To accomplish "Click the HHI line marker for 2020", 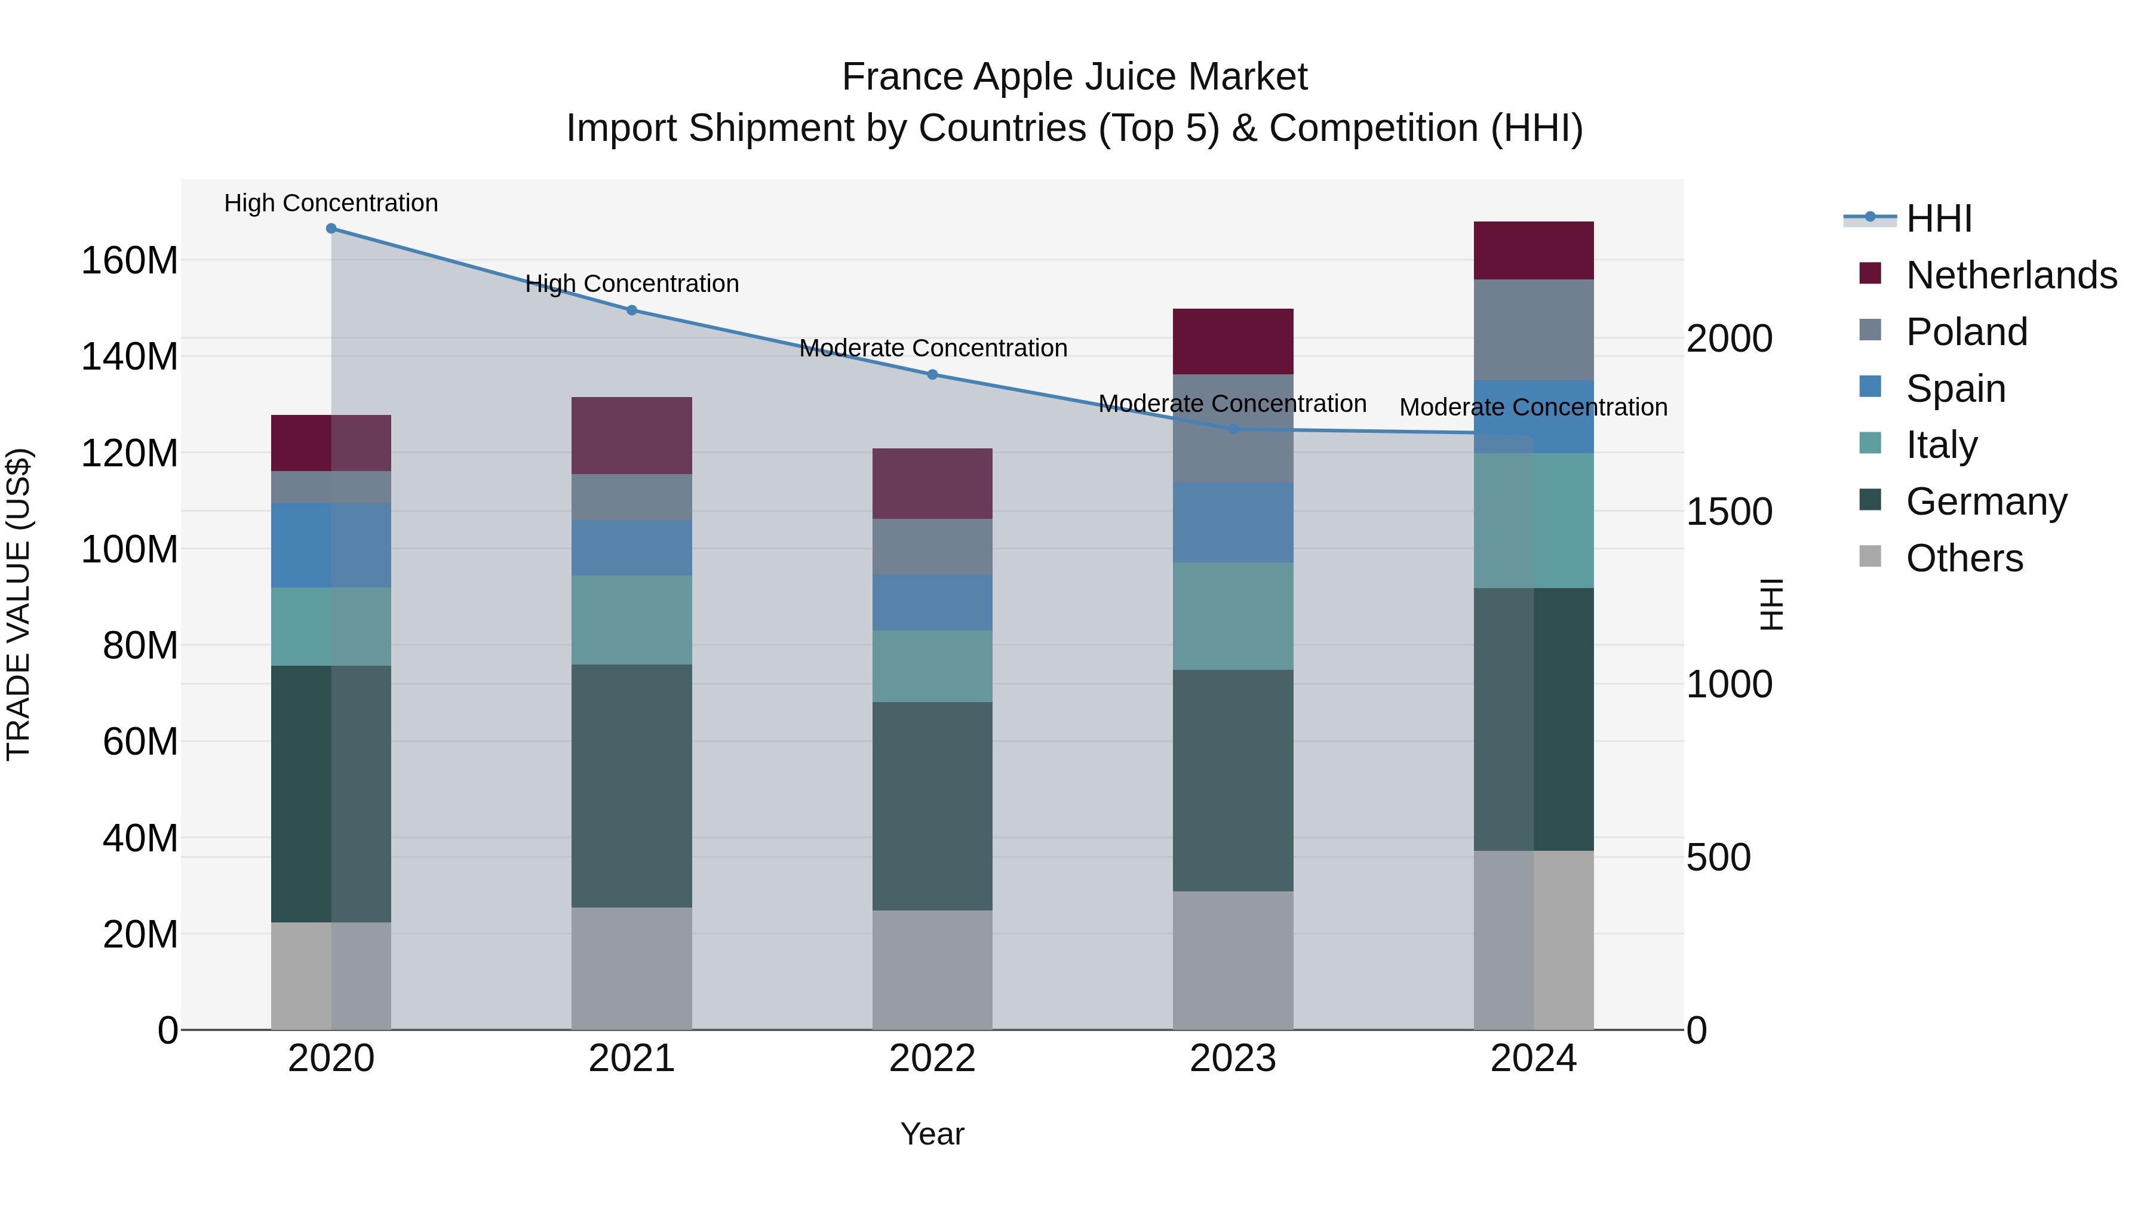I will click(x=331, y=229).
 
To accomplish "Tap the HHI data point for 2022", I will click(x=932, y=374).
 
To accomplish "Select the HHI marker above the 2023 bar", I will click(x=1233, y=429).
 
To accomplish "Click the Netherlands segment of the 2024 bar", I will click(x=1533, y=250).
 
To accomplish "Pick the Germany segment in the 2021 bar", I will click(x=632, y=785).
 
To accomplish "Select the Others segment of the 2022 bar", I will click(x=932, y=970).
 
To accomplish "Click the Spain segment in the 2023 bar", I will click(x=1233, y=522).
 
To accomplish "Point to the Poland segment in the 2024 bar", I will click(x=1533, y=330).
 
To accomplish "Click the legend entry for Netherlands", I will click(x=2011, y=275).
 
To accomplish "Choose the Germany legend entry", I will click(x=1986, y=502).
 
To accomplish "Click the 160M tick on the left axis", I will click(x=130, y=260).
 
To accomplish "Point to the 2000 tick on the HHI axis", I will click(x=1728, y=339).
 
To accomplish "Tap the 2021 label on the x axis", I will click(x=632, y=1059).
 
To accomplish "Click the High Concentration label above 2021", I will click(x=632, y=284).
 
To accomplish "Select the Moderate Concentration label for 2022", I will click(x=933, y=348).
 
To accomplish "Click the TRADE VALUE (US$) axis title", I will click(x=19, y=604).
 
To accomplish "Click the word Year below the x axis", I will click(x=932, y=1134).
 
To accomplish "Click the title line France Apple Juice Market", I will click(x=1074, y=77).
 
